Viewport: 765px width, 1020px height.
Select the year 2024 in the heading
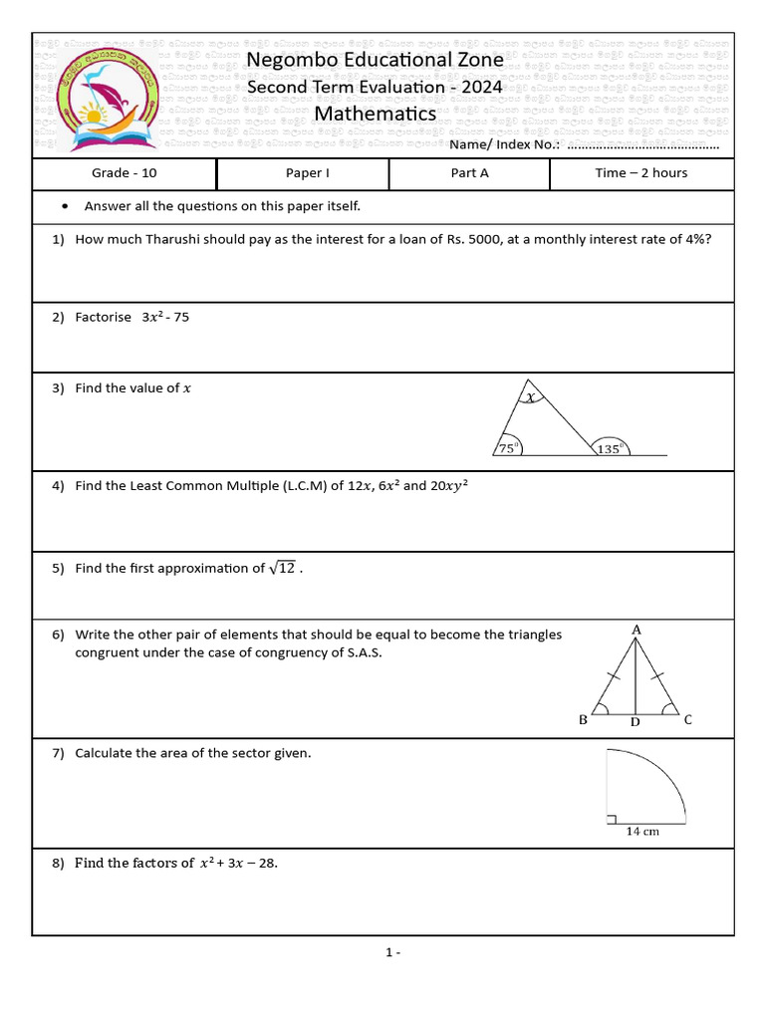pyautogui.click(x=482, y=88)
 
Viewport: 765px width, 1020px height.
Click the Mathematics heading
pyautogui.click(x=376, y=114)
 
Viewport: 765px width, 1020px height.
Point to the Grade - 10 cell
pyautogui.click(x=125, y=173)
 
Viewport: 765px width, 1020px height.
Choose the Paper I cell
pyautogui.click(x=308, y=173)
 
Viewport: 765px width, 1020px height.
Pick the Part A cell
pyautogui.click(x=470, y=173)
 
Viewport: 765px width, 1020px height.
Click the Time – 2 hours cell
pyautogui.click(x=641, y=173)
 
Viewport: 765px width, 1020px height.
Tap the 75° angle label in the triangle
pyautogui.click(x=507, y=449)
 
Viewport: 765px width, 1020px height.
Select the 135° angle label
pyautogui.click(x=610, y=449)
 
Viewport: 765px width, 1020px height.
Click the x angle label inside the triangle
pyautogui.click(x=531, y=397)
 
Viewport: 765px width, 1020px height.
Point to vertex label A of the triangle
pyautogui.click(x=637, y=630)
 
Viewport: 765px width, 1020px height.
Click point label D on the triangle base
pyautogui.click(x=635, y=722)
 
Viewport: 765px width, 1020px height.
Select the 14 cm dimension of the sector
pyautogui.click(x=642, y=831)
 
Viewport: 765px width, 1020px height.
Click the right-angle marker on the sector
pyautogui.click(x=610, y=819)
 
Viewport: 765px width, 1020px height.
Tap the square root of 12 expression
pyautogui.click(x=282, y=569)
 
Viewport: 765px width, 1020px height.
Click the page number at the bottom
pyautogui.click(x=392, y=952)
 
